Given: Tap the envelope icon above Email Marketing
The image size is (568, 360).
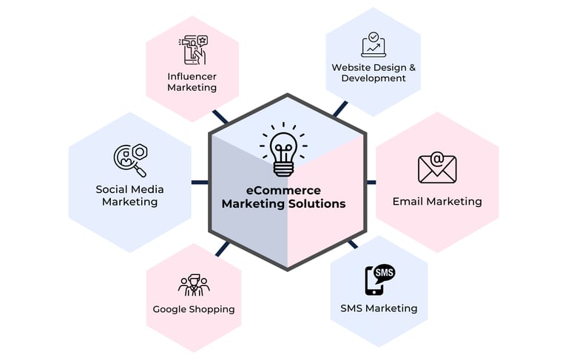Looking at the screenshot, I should [436, 168].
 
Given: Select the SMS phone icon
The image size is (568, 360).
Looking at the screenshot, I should [379, 279].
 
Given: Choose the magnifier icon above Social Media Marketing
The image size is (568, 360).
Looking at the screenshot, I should [129, 159].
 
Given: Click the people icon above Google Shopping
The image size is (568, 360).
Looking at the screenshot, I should [194, 285].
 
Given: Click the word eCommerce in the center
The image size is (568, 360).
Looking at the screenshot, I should [283, 191].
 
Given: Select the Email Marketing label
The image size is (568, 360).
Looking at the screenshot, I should [436, 201].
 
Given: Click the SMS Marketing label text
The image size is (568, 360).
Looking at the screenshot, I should [379, 308].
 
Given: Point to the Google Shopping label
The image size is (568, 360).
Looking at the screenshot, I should [194, 309].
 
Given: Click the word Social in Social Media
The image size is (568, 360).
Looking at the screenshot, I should [112, 189].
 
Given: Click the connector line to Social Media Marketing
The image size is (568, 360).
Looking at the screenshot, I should [200, 182].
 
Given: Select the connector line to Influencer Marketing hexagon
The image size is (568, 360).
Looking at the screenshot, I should [220, 118].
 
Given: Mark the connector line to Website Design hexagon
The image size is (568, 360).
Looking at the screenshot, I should [339, 109].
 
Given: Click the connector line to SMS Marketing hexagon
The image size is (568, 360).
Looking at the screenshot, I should [352, 243].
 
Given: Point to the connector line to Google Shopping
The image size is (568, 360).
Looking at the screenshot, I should [222, 248].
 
